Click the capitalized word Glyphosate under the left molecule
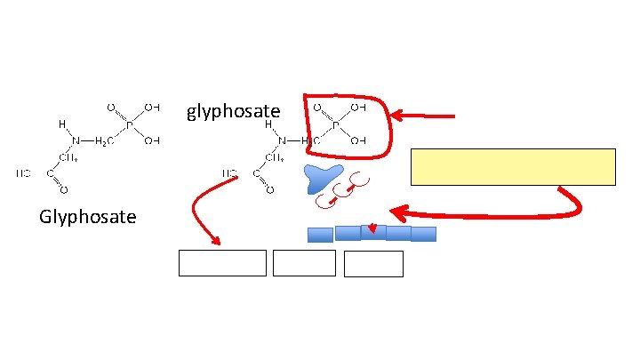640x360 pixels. pyautogui.click(x=88, y=216)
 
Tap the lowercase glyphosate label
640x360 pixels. pyautogui.click(x=233, y=111)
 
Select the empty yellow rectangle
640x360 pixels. pyautogui.click(x=513, y=167)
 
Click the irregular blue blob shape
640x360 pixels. pyautogui.click(x=322, y=177)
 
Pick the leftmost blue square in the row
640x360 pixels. pyautogui.click(x=320, y=235)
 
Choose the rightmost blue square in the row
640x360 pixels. pyautogui.click(x=424, y=234)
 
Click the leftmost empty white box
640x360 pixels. pyautogui.click(x=222, y=263)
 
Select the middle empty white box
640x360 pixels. pyautogui.click(x=304, y=263)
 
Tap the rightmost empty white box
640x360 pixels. pyautogui.click(x=373, y=264)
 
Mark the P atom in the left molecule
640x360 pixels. pyautogui.click(x=129, y=125)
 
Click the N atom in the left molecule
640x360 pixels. pyautogui.click(x=76, y=140)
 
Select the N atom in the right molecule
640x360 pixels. pyautogui.click(x=282, y=140)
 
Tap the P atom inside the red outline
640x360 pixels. pyautogui.click(x=336, y=125)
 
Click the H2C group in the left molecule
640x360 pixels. pyautogui.click(x=104, y=140)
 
